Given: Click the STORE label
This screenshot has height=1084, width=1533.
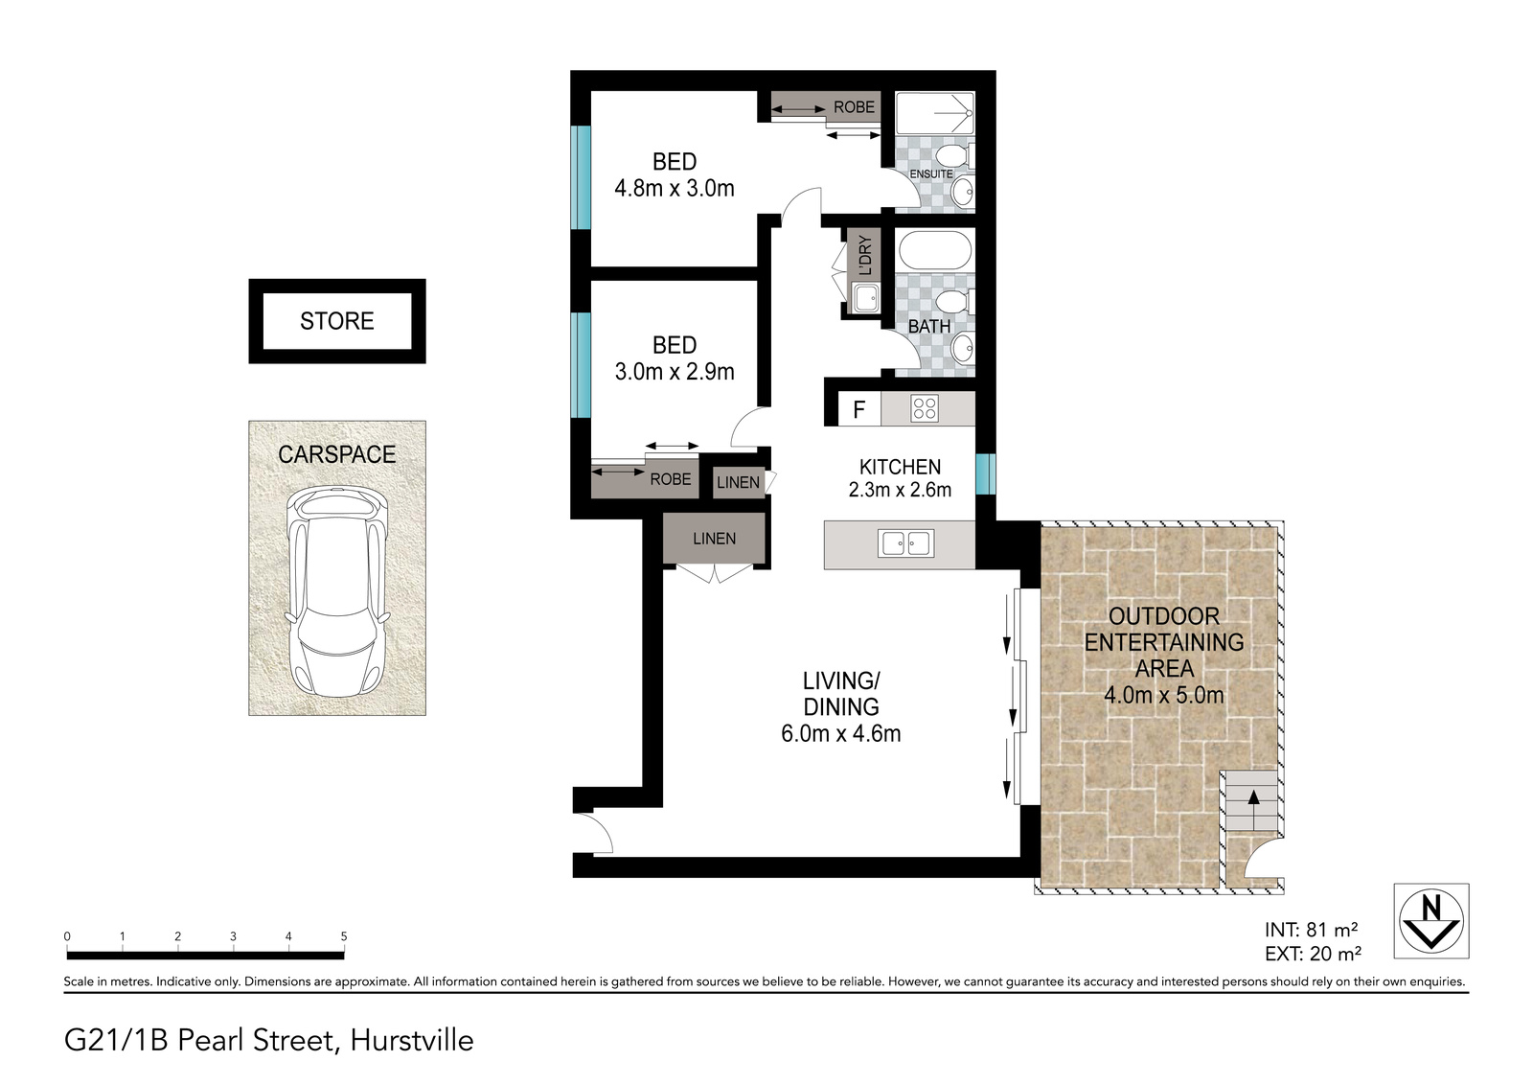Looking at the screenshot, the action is (336, 321).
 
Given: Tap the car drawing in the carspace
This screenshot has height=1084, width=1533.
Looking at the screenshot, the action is (336, 591).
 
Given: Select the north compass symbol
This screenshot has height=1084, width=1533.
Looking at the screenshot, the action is (1431, 920).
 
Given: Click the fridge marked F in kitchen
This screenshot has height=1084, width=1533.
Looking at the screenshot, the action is (859, 409).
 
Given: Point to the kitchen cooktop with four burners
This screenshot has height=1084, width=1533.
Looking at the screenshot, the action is (924, 409).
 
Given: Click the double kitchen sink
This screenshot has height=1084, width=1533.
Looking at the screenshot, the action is (906, 543).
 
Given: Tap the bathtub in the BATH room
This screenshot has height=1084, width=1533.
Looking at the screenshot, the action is (935, 250).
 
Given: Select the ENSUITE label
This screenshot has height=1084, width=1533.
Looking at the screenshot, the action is (930, 173).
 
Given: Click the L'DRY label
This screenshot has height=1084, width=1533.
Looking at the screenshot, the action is (865, 255).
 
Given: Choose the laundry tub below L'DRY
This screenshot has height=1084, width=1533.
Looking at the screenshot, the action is (866, 299).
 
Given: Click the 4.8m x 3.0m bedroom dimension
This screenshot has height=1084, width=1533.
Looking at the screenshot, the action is (675, 188).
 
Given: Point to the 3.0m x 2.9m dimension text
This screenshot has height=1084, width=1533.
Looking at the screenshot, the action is (675, 371).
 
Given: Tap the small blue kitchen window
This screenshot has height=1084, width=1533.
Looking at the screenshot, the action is (986, 473).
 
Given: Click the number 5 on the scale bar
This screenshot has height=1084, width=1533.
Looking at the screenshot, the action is (344, 936).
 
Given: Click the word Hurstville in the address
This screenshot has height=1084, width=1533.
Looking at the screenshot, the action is (412, 1041).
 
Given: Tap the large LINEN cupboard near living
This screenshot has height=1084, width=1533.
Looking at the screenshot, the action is (714, 539).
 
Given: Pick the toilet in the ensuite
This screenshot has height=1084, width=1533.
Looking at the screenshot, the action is (954, 155).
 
